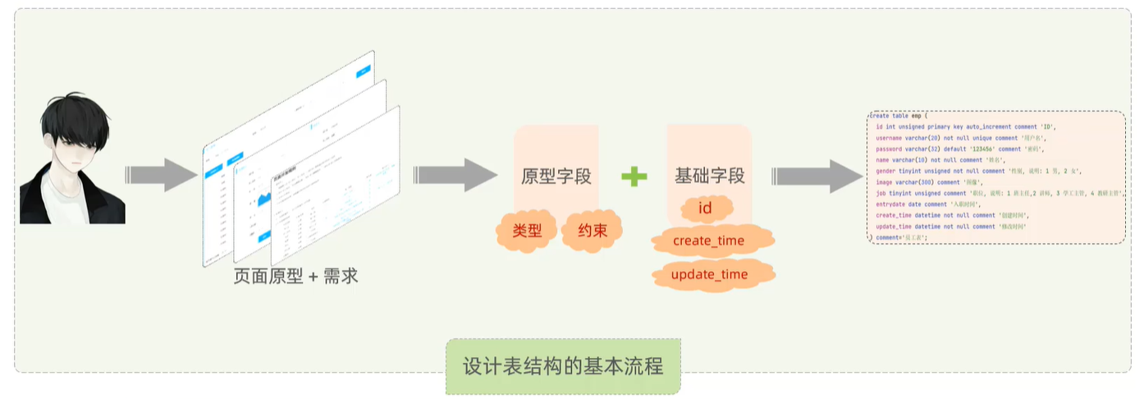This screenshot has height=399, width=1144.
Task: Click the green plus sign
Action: click(x=634, y=176)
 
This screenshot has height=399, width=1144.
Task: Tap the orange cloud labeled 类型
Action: click(x=527, y=232)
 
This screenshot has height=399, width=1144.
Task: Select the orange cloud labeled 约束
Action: click(x=592, y=232)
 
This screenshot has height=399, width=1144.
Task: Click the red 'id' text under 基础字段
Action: click(x=704, y=209)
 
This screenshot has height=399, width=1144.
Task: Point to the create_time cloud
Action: click(x=708, y=241)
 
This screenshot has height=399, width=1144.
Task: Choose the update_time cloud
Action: click(x=709, y=274)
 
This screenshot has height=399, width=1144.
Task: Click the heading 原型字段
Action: click(x=556, y=176)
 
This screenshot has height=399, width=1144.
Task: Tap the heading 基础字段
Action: click(x=710, y=176)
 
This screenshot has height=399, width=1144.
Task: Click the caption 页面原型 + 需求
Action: click(x=296, y=277)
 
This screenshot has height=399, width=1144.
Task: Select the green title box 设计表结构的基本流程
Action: click(x=563, y=365)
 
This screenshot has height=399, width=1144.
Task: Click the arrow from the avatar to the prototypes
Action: click(x=161, y=175)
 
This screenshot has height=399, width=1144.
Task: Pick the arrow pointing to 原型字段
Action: click(x=455, y=175)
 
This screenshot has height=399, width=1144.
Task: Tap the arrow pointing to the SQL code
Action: click(x=816, y=176)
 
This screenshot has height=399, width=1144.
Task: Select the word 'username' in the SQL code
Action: click(x=891, y=138)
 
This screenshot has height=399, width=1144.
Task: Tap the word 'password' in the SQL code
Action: click(x=891, y=149)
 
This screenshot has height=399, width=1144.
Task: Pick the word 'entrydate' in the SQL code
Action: click(x=893, y=204)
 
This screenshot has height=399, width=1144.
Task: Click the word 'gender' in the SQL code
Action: click(x=887, y=171)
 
